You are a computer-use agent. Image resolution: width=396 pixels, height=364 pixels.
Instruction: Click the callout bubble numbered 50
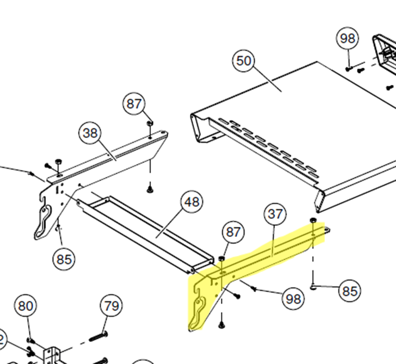click(243, 61)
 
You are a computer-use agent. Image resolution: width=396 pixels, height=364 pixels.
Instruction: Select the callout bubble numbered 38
click(90, 133)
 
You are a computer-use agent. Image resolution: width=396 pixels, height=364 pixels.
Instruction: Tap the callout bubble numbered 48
click(192, 202)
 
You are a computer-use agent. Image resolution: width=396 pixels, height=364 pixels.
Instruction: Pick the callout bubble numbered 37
click(275, 214)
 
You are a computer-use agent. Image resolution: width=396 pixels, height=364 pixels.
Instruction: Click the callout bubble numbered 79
click(111, 306)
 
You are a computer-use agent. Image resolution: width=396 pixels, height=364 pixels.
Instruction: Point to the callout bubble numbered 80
click(26, 306)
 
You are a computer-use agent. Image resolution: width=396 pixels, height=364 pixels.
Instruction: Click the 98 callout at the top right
click(347, 38)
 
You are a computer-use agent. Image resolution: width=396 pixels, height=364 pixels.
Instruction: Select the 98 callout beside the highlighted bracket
click(293, 299)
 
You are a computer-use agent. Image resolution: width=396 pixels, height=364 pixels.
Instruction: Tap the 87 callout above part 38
click(134, 104)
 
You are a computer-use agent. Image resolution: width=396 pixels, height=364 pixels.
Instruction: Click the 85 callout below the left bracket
click(64, 259)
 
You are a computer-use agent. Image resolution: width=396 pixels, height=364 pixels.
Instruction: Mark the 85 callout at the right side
click(349, 291)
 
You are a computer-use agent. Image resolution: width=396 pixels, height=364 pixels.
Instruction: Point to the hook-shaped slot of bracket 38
click(44, 220)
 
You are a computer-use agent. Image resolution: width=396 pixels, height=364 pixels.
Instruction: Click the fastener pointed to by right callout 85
click(313, 287)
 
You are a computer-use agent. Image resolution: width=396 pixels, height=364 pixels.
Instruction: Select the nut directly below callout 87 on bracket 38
click(150, 123)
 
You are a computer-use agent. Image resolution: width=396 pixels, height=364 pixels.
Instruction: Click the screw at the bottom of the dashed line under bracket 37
click(221, 325)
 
